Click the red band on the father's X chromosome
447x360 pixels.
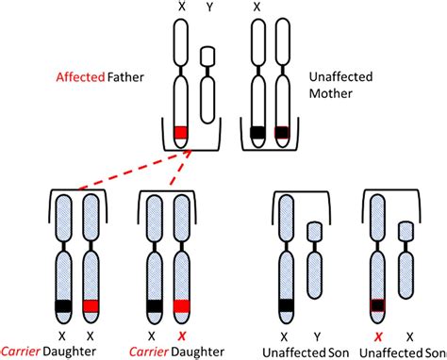tap(183, 132)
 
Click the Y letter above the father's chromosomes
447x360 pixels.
tap(209, 8)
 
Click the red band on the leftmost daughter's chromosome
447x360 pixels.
tap(92, 305)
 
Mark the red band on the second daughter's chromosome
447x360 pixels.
tap(182, 305)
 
